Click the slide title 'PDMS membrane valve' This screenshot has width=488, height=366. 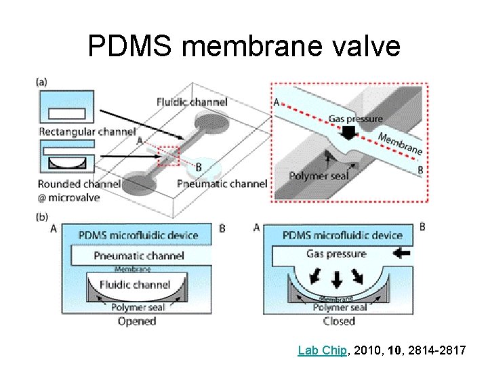click(x=244, y=47)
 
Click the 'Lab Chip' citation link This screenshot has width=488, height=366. click(x=323, y=350)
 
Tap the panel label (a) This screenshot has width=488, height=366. click(x=42, y=83)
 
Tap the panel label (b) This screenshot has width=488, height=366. click(x=42, y=218)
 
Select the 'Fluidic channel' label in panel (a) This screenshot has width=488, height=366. click(x=192, y=102)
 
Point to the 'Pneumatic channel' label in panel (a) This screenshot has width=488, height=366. click(x=222, y=183)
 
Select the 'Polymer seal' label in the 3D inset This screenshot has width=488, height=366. click(x=320, y=176)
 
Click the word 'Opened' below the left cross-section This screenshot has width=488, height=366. click(x=137, y=321)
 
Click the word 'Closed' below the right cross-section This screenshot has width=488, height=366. click(x=339, y=321)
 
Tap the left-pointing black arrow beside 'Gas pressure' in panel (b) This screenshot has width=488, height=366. click(x=401, y=254)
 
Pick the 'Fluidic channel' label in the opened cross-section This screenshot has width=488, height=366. click(x=135, y=285)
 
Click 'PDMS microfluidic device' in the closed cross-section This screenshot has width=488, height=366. click(x=343, y=236)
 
